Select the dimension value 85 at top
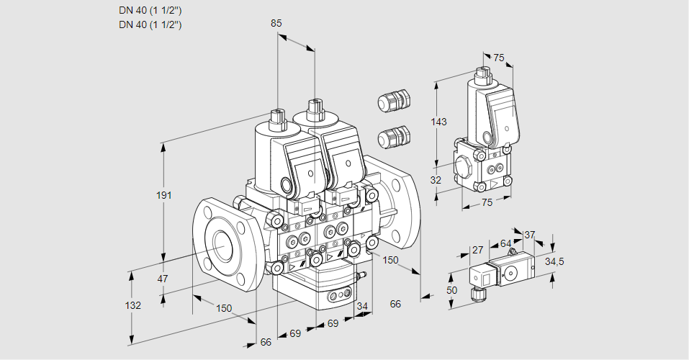[x=276, y=23]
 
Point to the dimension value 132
[x=133, y=305]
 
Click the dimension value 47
[x=163, y=279]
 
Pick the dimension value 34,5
[x=554, y=261]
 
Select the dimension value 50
[x=451, y=289]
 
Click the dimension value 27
[x=477, y=250]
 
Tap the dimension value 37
[x=529, y=234]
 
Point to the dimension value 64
[x=505, y=244]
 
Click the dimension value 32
[x=435, y=180]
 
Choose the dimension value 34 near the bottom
[x=362, y=307]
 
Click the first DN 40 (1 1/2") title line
[x=150, y=11]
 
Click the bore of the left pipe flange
[x=220, y=246]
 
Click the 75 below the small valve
[x=487, y=203]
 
